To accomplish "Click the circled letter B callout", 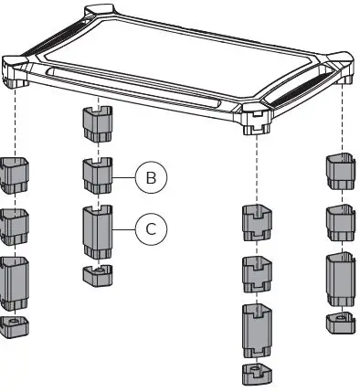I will coord(149,178).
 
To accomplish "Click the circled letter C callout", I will coord(149,228).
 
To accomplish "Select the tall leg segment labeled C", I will coord(97,232).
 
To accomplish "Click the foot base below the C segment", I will coord(97,275).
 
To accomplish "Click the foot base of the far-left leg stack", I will coord(15,327).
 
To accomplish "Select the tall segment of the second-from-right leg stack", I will coord(256,331).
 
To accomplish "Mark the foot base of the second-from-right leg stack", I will coord(256,372).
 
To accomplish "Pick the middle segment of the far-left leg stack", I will coord(15,227).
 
